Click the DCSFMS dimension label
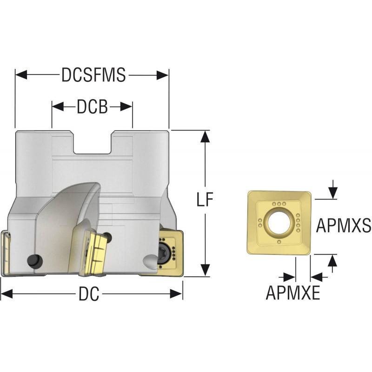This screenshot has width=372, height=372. tap(93, 75)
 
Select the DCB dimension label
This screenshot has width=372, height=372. tap(92, 106)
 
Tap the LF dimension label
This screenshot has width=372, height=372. tap(205, 199)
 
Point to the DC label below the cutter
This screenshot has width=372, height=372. tap(89, 294)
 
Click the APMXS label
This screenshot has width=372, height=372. tap(343, 225)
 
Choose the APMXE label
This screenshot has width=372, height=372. tap(293, 292)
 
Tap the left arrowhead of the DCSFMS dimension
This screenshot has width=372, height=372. tap(21, 75)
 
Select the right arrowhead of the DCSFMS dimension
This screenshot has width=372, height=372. tap(163, 75)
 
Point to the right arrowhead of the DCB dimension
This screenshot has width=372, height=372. tap(126, 106)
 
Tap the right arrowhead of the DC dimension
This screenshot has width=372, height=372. tap(177, 294)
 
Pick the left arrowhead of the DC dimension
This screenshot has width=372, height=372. tap(7, 294)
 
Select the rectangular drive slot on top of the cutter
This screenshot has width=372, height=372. tap(93, 142)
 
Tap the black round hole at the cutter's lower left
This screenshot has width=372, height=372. tap(35, 262)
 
